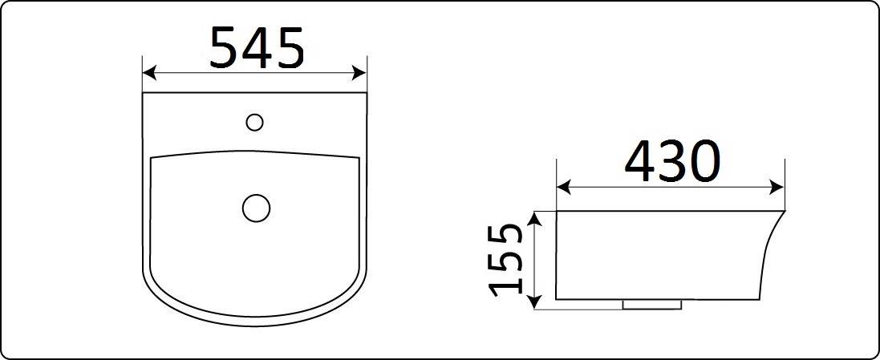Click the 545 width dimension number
pyautogui.click(x=257, y=47)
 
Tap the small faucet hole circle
pyautogui.click(x=254, y=122)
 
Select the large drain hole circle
pyautogui.click(x=257, y=208)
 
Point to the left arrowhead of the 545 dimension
pyautogui.click(x=147, y=74)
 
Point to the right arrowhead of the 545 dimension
pyautogui.click(x=361, y=74)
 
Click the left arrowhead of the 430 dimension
pyautogui.click(x=562, y=188)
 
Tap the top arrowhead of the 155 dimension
pyautogui.click(x=536, y=216)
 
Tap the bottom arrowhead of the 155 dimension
pyautogui.click(x=536, y=303)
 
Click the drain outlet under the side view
pyautogui.click(x=652, y=305)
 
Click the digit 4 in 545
pyautogui.click(x=257, y=47)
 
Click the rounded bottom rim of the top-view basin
pyautogui.click(x=255, y=324)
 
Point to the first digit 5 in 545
pyautogui.click(x=225, y=47)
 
